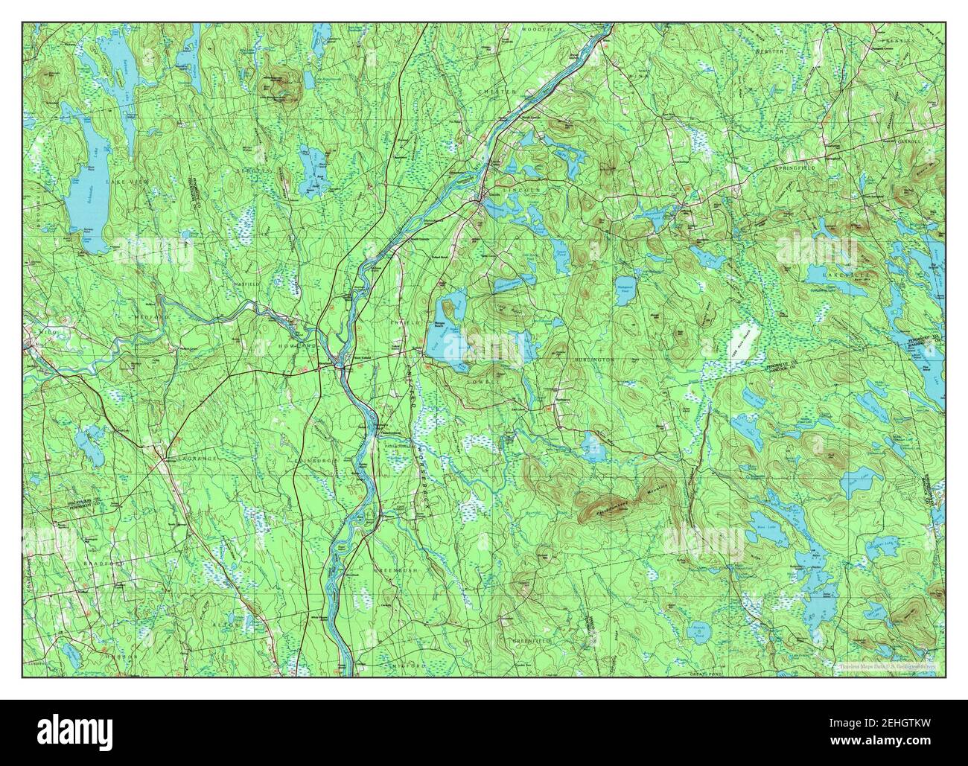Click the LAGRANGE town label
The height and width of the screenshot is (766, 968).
196,459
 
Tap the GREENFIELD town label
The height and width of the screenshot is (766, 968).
531,640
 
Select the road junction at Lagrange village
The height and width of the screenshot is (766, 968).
162,462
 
